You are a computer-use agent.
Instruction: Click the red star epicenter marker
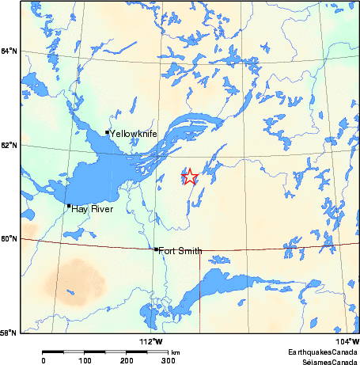coord(189,177)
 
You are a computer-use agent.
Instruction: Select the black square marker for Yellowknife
coord(108,132)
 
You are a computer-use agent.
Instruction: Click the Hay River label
coord(92,209)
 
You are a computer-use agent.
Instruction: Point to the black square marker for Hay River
coord(69,206)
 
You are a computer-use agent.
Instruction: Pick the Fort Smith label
coord(180,251)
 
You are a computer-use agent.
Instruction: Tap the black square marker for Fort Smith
coord(157,249)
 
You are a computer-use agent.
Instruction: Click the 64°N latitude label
coord(9,51)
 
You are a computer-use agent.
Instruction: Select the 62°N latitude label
coord(9,145)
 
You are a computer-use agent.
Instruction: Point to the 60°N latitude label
coord(9,238)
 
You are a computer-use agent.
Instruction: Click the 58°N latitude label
coord(9,332)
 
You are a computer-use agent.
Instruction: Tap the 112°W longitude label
coord(152,340)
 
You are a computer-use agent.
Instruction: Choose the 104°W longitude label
coord(349,340)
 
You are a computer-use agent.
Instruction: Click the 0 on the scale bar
coord(43,360)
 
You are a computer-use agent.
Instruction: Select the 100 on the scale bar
coord(85,360)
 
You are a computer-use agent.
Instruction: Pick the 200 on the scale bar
coord(127,360)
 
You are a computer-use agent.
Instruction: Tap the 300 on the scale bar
coord(168,360)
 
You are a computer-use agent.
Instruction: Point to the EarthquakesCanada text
coord(324,351)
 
